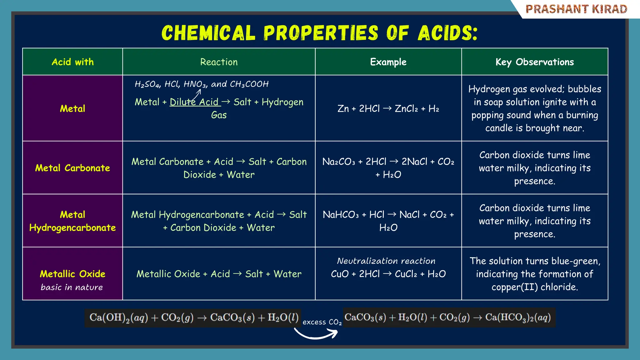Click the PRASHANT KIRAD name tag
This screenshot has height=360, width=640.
click(576, 9)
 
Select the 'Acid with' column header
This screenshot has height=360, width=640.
click(72, 62)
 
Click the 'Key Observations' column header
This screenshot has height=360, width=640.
click(534, 62)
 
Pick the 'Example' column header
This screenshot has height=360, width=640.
click(388, 62)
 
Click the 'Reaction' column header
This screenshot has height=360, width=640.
click(219, 62)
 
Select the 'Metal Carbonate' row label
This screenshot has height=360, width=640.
click(72, 168)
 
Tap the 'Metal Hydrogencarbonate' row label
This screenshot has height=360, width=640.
click(72, 221)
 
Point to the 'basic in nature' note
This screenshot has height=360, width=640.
click(72, 287)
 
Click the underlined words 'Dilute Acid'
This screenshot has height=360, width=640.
click(194, 102)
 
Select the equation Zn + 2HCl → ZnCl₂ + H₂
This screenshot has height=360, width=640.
click(388, 108)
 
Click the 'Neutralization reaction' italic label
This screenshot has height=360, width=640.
click(386, 261)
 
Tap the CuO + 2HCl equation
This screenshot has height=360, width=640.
click(388, 274)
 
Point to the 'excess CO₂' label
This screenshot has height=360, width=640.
click(322, 322)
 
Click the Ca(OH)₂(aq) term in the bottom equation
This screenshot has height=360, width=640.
click(118, 317)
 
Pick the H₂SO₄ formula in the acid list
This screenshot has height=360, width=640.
click(147, 84)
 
